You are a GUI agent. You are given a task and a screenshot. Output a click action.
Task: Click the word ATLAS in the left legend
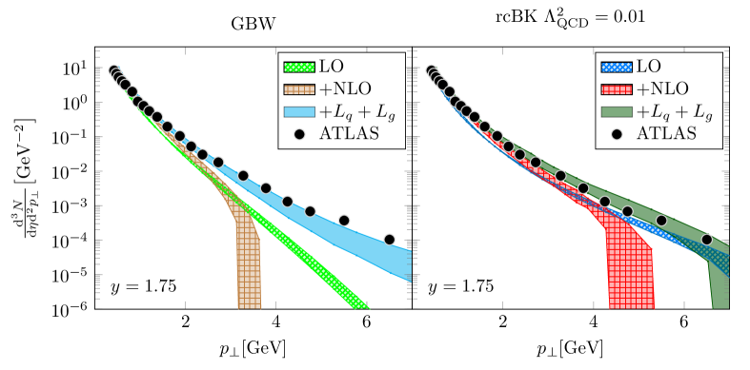tap(350, 133)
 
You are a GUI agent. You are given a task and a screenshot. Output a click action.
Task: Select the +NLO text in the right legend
tap(662, 89)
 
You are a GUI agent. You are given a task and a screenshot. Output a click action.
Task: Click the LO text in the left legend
tap(332, 68)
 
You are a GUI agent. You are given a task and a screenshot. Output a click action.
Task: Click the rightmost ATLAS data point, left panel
tap(389, 239)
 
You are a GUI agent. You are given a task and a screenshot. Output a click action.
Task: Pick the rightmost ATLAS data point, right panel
tap(706, 239)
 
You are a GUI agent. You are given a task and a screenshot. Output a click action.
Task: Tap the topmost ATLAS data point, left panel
tap(113, 70)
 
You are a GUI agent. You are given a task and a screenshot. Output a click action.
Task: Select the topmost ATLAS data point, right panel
tap(431, 70)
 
